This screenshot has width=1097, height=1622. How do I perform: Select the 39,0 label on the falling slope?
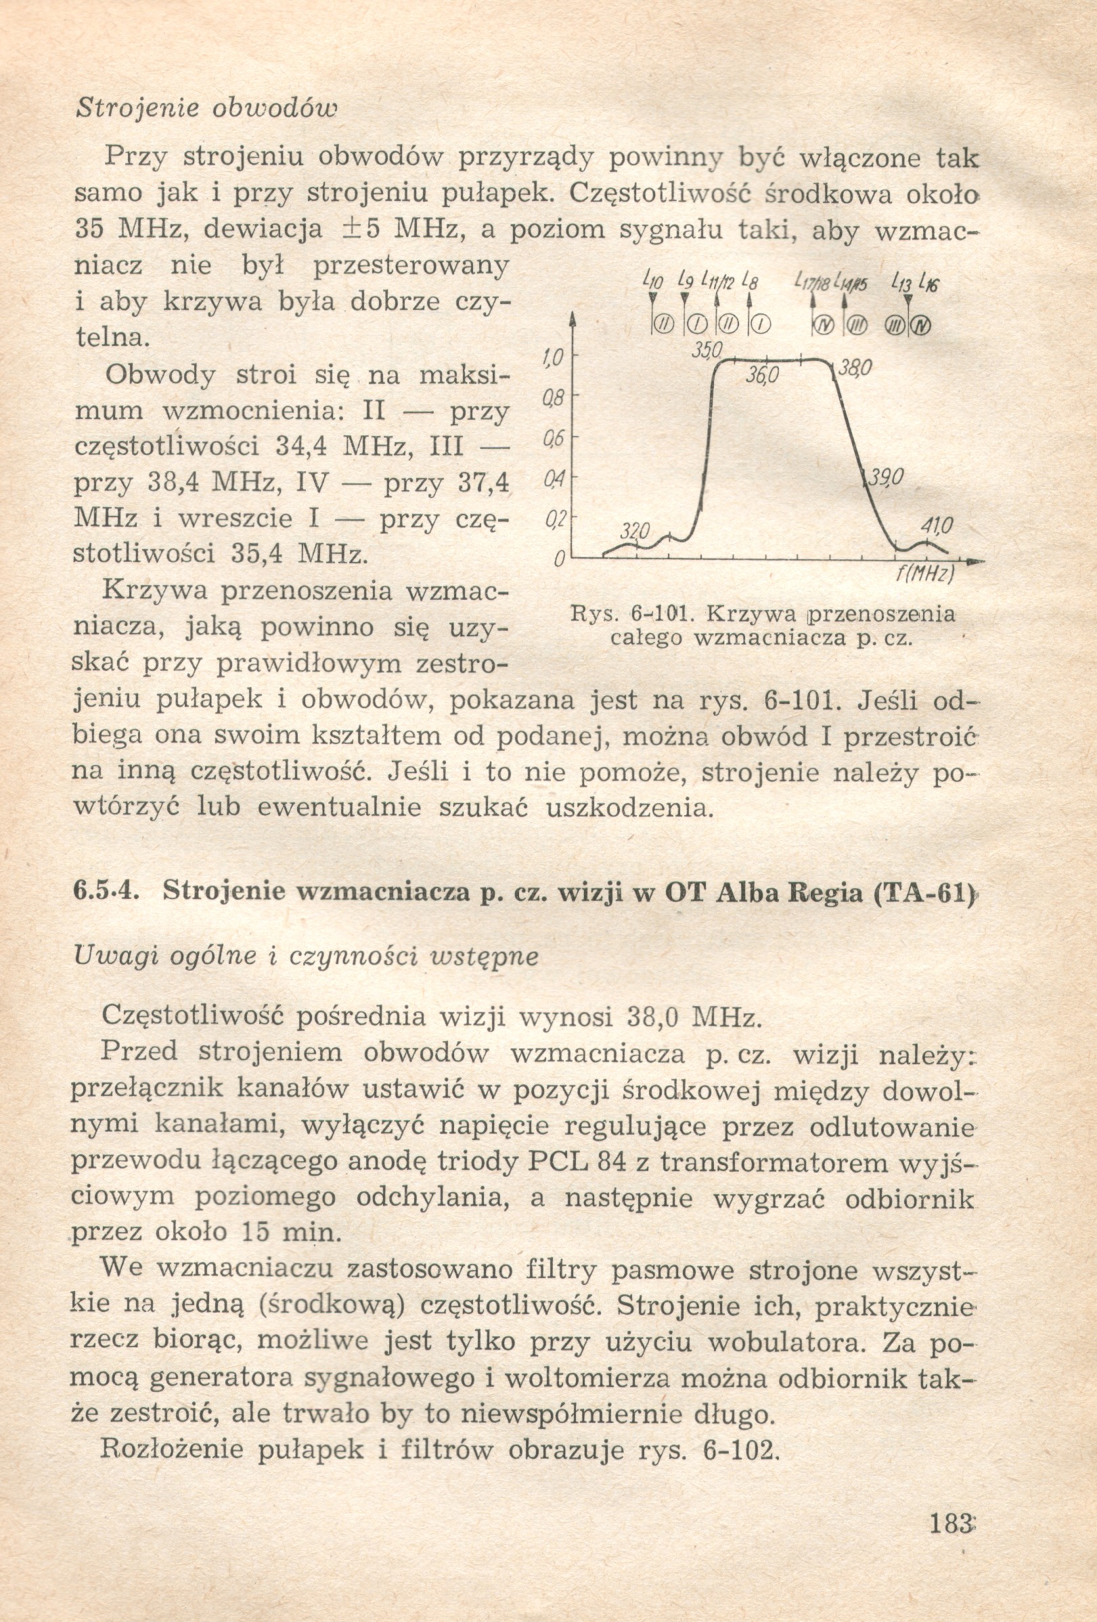click(x=885, y=477)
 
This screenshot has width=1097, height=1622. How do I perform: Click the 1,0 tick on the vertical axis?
click(x=552, y=358)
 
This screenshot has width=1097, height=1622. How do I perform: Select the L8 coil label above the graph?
click(x=751, y=280)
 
